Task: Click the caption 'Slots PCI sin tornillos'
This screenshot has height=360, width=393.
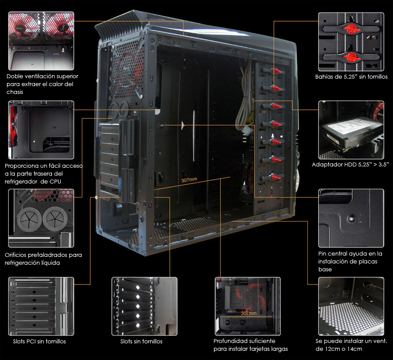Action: coord(39,342)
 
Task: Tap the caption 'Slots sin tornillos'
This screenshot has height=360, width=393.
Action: coord(141,342)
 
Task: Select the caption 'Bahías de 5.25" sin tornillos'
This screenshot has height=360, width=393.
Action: coord(352,77)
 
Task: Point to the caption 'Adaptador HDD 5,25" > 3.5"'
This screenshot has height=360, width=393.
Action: coord(350,164)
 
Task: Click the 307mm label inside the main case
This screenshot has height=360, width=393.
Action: coord(189,180)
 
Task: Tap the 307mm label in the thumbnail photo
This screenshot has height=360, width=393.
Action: coord(248,313)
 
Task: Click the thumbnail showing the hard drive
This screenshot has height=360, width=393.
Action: coord(351,130)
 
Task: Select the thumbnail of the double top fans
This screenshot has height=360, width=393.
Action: coord(41,41)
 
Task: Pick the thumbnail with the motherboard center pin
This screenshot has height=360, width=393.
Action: coord(351,218)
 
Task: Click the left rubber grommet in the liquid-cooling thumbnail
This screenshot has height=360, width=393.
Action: coord(29,218)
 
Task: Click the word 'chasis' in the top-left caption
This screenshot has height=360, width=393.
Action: coord(15,92)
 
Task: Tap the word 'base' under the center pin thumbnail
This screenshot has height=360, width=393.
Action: coord(325,270)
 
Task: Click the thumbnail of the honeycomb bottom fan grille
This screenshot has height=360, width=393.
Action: coord(351,306)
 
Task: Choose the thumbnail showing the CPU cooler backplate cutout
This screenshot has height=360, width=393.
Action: coord(41,130)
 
